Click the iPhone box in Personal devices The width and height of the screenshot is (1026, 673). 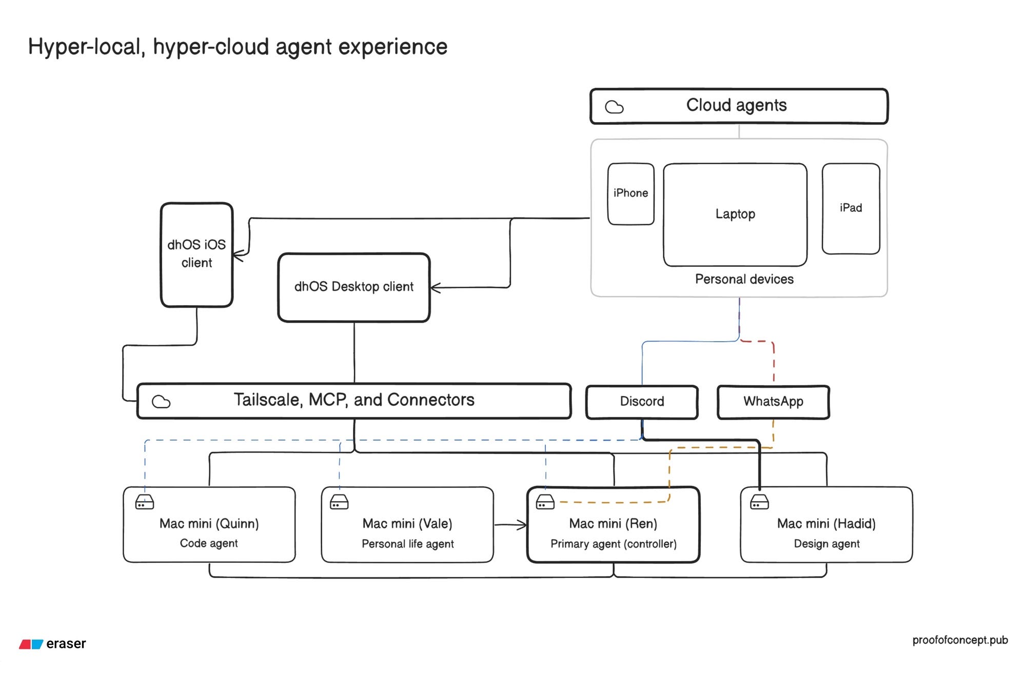[x=630, y=194]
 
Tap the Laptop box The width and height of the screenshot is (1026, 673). [x=735, y=214]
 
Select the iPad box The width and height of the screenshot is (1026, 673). [x=851, y=208]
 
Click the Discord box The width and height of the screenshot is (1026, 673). [x=642, y=402]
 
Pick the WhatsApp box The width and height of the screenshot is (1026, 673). [x=773, y=402]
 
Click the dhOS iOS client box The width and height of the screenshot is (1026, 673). [x=196, y=255]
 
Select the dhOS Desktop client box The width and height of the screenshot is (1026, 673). [x=354, y=287]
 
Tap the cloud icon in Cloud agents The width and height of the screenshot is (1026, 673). [x=614, y=107]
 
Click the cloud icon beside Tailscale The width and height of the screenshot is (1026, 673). [x=161, y=402]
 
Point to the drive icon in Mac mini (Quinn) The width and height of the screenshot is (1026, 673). [x=145, y=502]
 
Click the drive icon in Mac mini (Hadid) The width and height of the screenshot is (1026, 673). [x=759, y=502]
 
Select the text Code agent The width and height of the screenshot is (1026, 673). [x=209, y=543]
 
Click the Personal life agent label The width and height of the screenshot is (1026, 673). [x=408, y=544]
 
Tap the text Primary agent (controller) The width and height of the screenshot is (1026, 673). [x=614, y=544]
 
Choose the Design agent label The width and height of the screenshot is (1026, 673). [x=826, y=544]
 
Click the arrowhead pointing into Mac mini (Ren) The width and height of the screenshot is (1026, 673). [x=522, y=525]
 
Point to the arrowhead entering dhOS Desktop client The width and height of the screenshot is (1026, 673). [x=436, y=288]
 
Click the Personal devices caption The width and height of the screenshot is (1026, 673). [x=744, y=279]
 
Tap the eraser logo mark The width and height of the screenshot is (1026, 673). [x=31, y=644]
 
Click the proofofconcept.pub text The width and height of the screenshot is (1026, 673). [x=960, y=640]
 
